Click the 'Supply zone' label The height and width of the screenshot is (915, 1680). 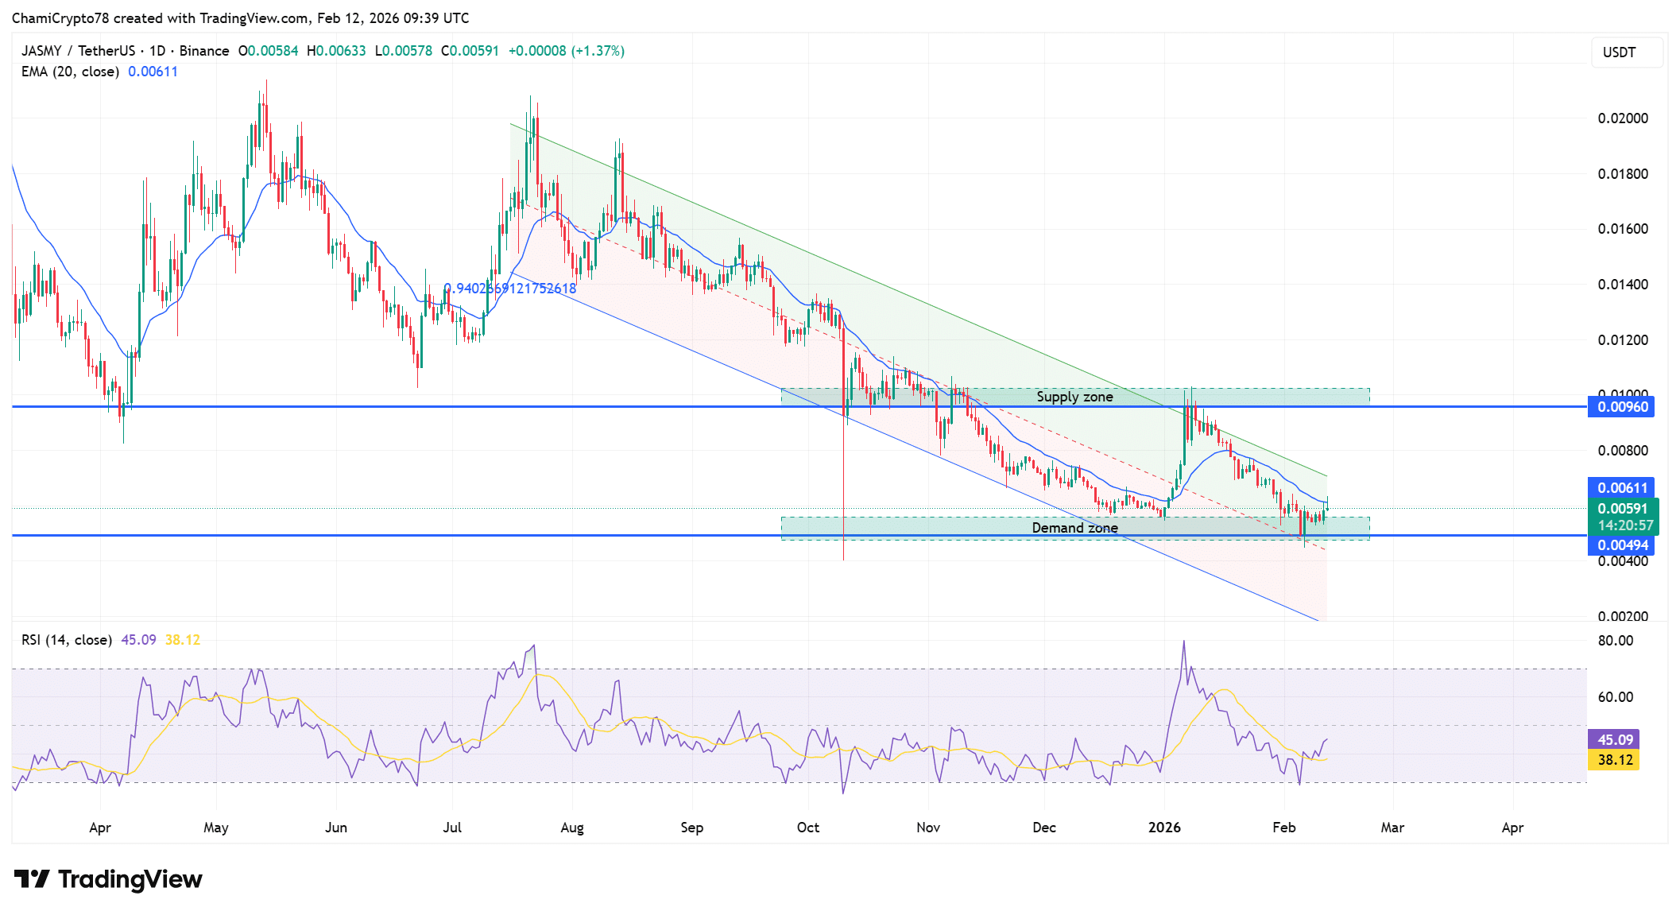coord(1074,397)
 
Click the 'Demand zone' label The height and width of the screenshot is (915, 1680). coord(1074,528)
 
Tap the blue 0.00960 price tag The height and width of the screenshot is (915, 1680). coord(1622,407)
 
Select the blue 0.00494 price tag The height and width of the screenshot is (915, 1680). coord(1622,545)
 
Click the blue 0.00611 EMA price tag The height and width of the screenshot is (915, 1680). coord(1622,488)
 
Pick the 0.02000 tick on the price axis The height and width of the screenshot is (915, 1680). coord(1623,118)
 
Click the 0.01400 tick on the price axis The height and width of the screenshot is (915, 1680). coord(1623,285)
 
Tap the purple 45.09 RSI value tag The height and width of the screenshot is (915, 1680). coord(1615,740)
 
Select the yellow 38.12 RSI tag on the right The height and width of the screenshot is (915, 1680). coord(1615,760)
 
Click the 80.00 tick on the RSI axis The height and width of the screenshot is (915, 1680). coord(1615,641)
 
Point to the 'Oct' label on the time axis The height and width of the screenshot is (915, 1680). coord(808,828)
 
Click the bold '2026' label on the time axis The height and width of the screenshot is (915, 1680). coord(1164,828)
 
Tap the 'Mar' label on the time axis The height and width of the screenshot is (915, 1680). coord(1392,828)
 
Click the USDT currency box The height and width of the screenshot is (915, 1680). coord(1626,52)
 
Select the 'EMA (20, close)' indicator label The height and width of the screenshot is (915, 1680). coord(70,72)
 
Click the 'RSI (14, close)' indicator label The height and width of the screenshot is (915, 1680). coord(67,640)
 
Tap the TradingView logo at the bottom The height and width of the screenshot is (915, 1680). coord(109,879)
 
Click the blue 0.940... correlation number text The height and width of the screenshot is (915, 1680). coord(509,289)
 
